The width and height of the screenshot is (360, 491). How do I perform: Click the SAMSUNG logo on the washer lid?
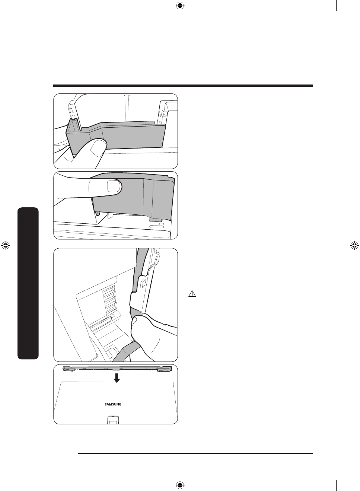click(112, 404)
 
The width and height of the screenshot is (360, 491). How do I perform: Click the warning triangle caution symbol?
click(192, 294)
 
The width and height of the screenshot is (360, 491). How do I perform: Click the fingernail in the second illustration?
click(112, 185)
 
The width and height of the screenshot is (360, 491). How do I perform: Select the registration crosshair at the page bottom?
click(180, 485)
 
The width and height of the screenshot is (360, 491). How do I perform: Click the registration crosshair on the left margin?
click(6, 245)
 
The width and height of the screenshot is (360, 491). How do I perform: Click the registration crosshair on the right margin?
click(354, 245)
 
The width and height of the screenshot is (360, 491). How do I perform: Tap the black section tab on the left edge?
click(28, 283)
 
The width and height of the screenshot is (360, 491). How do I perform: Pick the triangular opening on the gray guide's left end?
click(73, 127)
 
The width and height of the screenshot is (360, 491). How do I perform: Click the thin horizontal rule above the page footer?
click(196, 453)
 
